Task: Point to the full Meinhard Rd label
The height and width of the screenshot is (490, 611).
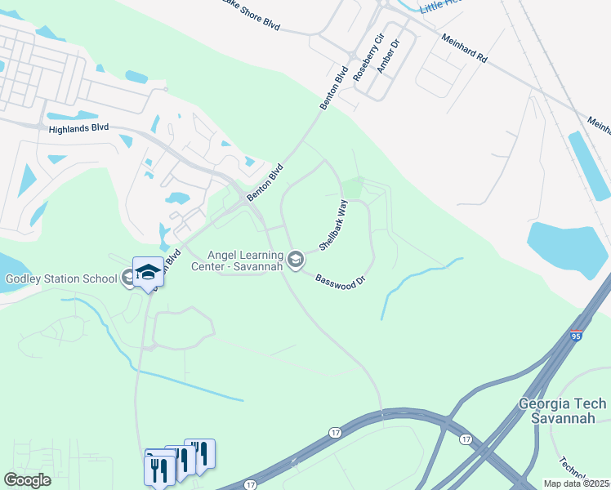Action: (464, 49)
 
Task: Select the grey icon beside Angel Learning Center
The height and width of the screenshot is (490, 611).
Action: (296, 261)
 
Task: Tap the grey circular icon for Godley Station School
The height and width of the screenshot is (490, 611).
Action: (129, 278)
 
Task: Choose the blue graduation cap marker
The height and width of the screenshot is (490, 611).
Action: (149, 272)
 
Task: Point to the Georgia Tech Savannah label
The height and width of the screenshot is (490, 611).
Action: (563, 411)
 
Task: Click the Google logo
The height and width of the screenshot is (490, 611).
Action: (27, 480)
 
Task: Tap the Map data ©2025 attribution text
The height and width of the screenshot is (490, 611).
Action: (577, 483)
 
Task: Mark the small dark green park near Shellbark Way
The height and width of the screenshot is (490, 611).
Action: (352, 188)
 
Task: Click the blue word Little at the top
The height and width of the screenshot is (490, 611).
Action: (435, 7)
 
